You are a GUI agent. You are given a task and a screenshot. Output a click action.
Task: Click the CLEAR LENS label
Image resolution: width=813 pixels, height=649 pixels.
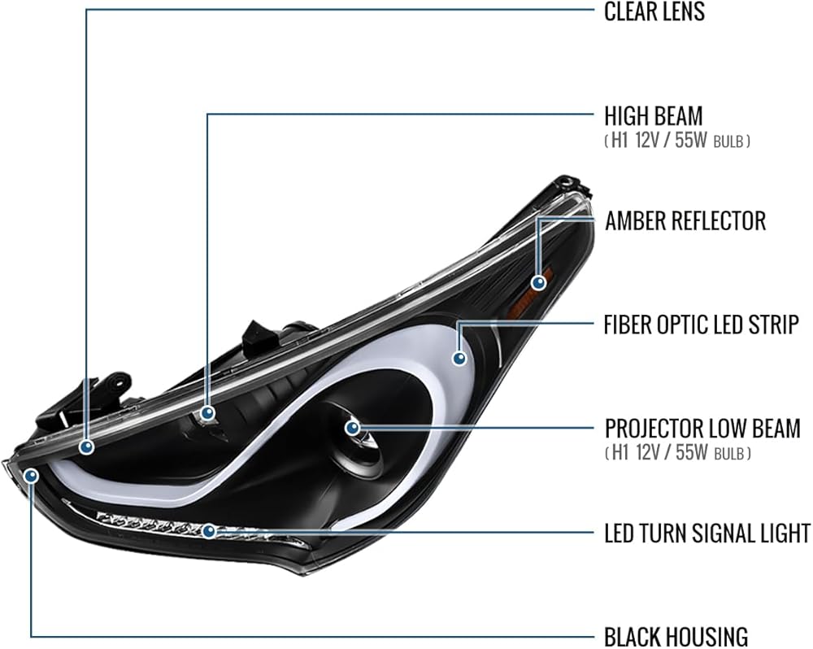coord(654,11)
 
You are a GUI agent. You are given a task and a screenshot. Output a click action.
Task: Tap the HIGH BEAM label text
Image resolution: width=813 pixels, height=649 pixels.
coord(654,116)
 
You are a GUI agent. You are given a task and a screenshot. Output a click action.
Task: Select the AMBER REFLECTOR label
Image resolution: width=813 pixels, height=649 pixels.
coord(685,220)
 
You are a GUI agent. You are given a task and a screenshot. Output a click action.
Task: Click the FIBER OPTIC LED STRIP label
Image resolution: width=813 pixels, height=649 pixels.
coord(701,324)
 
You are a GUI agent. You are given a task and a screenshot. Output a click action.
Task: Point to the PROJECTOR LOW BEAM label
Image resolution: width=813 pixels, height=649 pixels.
coord(702,429)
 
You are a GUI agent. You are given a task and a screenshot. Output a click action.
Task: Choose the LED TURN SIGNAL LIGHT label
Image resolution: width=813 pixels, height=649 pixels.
coord(707,533)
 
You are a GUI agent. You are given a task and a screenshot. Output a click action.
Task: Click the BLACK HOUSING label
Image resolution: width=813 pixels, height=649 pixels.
coord(676,636)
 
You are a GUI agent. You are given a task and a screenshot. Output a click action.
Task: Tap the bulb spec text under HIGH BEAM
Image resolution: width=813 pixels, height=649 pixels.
coord(677,141)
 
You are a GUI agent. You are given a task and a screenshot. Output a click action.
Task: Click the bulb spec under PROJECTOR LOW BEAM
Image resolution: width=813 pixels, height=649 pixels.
coord(678,453)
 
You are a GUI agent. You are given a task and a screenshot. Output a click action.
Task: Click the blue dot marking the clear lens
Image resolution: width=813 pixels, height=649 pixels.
coord(87,446)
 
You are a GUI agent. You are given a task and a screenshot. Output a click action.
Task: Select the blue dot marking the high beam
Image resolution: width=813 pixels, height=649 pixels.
coord(208,413)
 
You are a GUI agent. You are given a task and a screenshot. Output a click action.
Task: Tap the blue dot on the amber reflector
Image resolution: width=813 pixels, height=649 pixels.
coord(539,283)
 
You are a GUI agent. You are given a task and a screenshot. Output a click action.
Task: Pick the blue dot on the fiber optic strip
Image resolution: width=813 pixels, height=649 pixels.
coord(459,358)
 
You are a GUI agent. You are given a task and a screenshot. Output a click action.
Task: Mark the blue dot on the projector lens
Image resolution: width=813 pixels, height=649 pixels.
coord(353,428)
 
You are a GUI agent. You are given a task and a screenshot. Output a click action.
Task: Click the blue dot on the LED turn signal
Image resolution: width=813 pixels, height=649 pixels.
coord(208,531)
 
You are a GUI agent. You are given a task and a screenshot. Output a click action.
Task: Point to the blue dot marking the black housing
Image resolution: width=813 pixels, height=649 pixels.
coord(32,475)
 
